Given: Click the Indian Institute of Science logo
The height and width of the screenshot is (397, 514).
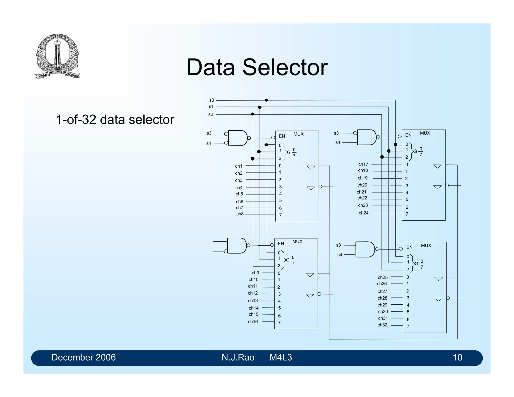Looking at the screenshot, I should (57, 56).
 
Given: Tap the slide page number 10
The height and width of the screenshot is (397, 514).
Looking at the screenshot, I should (457, 357).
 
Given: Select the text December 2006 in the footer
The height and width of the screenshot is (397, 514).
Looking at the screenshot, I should (83, 357).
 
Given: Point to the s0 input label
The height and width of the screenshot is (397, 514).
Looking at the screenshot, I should (212, 100).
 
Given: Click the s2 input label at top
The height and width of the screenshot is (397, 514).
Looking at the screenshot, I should (211, 114).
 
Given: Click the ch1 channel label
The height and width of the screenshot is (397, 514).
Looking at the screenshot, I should (239, 166).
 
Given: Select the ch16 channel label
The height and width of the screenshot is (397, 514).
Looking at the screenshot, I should (253, 322).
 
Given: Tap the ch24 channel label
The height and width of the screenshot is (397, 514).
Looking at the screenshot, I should (363, 213).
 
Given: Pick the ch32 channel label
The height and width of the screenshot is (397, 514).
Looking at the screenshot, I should (382, 325).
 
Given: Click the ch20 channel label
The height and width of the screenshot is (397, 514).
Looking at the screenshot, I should (362, 185).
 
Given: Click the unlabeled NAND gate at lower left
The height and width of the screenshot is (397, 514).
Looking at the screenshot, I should (237, 245).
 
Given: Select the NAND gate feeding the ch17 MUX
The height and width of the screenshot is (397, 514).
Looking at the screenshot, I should (366, 137).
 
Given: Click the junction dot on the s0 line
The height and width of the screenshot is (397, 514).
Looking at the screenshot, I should (266, 100).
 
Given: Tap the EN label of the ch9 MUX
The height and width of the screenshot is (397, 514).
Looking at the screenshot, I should (281, 244).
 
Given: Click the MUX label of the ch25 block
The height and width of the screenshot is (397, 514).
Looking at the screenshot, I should (426, 245).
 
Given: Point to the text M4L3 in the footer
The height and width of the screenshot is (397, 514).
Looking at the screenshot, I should (281, 357).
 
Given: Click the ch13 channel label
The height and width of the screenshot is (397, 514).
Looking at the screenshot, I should (253, 301).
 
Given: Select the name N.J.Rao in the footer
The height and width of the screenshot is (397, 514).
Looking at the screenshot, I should (238, 357).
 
